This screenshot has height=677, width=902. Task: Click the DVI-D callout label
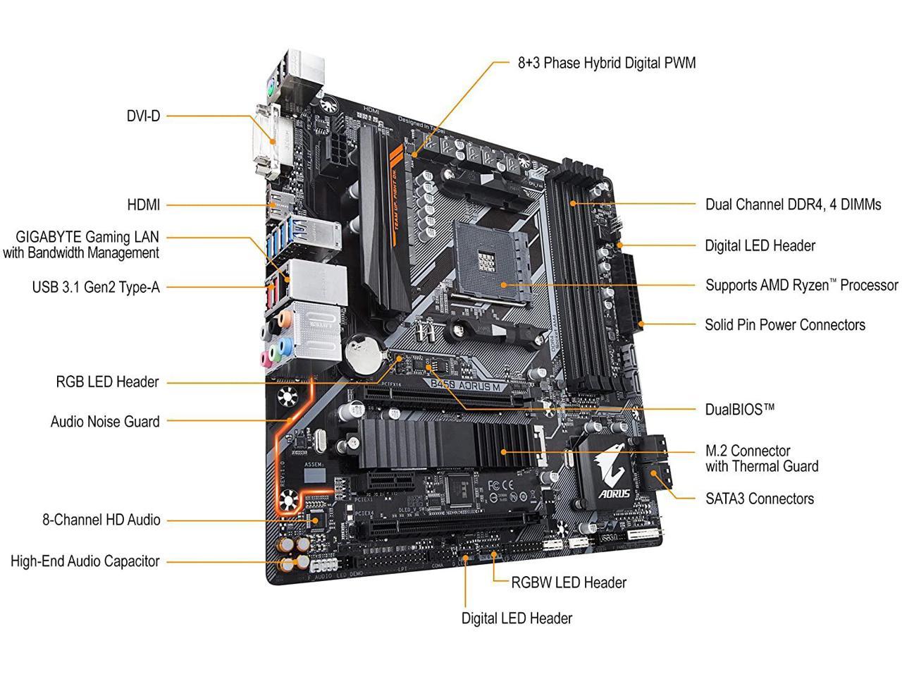143,116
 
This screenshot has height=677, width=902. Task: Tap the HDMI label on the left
143,205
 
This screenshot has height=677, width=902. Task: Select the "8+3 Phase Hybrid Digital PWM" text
606,63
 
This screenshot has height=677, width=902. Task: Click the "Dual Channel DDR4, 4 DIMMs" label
793,205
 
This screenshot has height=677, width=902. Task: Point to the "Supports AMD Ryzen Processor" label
801,285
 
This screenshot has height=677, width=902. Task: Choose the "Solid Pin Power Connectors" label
784,325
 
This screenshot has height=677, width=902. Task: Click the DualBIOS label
739,409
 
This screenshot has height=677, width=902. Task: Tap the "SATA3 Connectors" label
759,499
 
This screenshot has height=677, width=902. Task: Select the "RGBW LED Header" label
568,583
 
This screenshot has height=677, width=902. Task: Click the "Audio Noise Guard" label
105,422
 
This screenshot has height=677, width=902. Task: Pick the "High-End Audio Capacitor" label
85,561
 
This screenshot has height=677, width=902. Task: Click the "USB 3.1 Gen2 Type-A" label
96,288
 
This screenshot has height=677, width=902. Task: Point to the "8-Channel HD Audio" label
101,520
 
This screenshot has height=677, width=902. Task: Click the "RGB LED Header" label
107,382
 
